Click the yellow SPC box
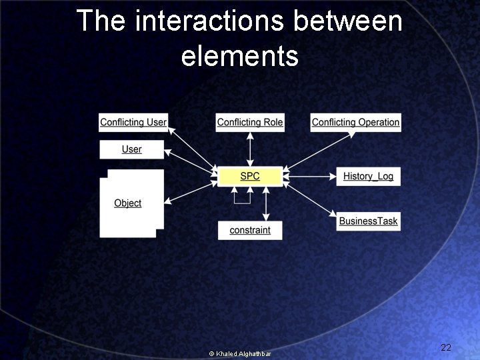250,176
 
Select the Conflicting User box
133,122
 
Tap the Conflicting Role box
250,122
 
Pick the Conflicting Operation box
355,122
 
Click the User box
131,149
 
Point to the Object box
131,203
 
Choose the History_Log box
368,176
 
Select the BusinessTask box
368,221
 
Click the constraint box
250,230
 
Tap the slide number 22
446,347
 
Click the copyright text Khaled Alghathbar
240,353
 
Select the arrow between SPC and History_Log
309,177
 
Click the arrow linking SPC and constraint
266,203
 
